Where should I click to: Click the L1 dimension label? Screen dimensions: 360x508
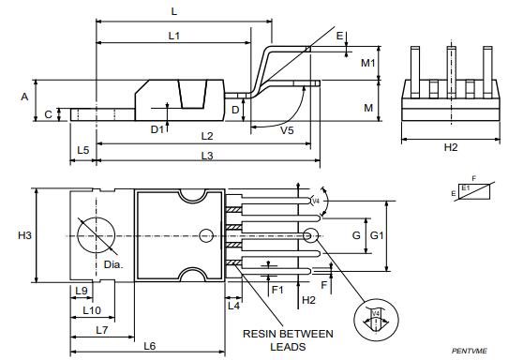173,35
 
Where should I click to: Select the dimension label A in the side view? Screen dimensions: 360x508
24,97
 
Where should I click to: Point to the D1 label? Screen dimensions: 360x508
157,130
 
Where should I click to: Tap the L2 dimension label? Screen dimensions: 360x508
207,136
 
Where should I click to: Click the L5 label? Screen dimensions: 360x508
83,150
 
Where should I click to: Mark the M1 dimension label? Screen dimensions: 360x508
368,63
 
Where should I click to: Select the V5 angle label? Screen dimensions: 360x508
288,131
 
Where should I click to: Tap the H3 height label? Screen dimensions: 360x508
25,235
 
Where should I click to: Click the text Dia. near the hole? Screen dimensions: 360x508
112,265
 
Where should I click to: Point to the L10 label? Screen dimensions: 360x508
92,309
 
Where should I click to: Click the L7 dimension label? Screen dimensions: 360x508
101,329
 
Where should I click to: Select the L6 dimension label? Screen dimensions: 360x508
149,347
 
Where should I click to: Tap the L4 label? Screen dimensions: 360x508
233,306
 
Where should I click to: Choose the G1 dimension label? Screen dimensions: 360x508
377,235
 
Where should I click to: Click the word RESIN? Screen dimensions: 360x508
262,333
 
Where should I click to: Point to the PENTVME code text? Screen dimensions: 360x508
470,351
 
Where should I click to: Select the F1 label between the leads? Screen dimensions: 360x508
277,291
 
